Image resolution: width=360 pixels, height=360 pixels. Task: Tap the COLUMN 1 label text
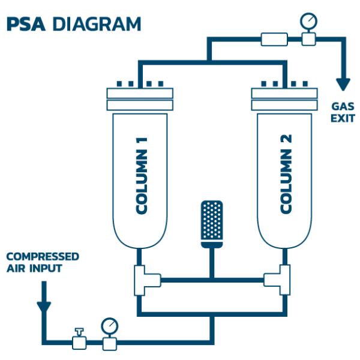point(142,175)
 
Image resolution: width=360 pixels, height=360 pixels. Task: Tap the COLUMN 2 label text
point(286,175)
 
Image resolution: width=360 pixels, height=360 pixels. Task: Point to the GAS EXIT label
point(343,112)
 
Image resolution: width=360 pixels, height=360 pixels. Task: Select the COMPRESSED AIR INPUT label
point(43,262)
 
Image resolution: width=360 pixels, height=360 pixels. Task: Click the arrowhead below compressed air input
point(44,307)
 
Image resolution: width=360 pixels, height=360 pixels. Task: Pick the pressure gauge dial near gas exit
point(308,22)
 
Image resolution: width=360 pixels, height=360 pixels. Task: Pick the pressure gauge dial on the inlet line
point(110,326)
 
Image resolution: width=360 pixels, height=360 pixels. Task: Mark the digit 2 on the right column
point(286,142)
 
